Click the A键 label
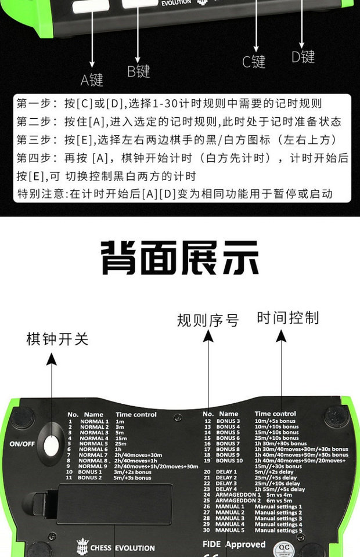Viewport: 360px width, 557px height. point(92,80)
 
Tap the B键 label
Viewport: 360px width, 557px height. point(139,71)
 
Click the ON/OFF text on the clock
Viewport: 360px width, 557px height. point(22,444)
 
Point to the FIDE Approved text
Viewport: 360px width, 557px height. point(234,544)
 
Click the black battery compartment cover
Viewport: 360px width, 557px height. point(115,503)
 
